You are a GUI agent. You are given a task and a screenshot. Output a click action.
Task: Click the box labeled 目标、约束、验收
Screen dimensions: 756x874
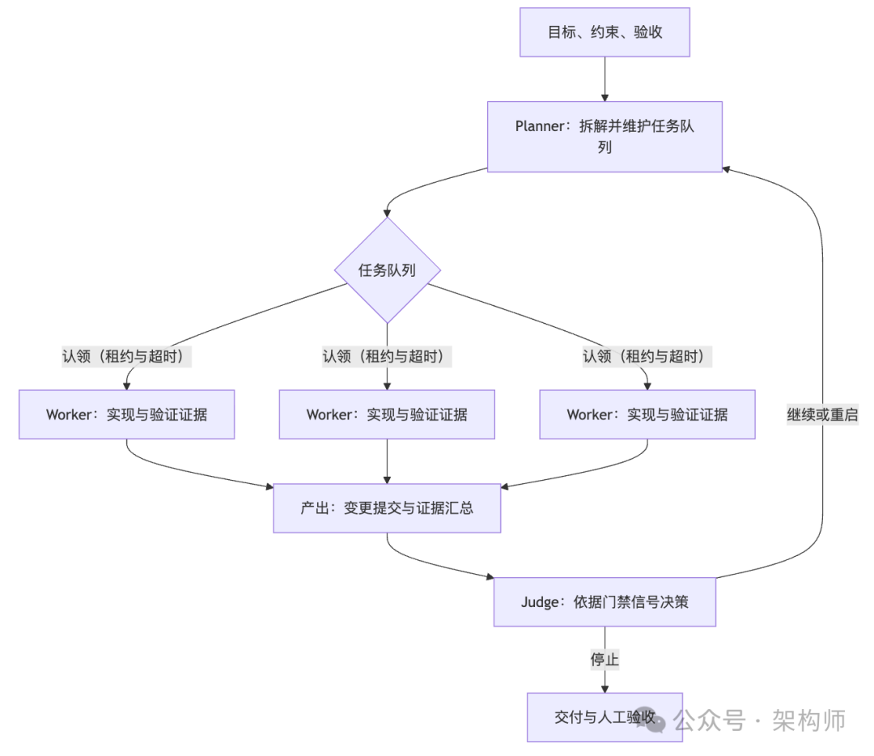(x=605, y=32)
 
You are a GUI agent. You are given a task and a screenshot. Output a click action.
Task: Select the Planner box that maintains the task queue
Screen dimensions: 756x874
(x=605, y=136)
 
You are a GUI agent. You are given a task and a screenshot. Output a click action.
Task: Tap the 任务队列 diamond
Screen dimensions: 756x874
(x=387, y=270)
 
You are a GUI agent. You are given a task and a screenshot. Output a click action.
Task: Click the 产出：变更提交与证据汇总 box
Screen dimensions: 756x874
(x=387, y=508)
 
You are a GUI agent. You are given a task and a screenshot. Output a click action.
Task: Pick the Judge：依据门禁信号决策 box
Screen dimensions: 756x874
(x=605, y=601)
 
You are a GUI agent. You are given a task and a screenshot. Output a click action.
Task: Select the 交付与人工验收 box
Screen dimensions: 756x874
(x=605, y=717)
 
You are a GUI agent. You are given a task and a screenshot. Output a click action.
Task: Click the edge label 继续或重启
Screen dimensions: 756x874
(x=822, y=414)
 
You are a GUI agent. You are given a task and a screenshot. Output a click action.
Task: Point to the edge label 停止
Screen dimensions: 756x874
(x=605, y=659)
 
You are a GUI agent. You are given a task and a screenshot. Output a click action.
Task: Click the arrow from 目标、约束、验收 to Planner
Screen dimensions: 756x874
(x=605, y=79)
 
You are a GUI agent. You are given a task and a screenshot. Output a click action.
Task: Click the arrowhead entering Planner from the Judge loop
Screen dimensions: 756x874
(x=727, y=169)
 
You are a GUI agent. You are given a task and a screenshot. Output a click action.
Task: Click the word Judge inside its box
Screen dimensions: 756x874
(x=540, y=601)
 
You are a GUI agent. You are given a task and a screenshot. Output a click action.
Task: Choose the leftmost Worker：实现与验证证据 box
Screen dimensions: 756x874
(x=127, y=414)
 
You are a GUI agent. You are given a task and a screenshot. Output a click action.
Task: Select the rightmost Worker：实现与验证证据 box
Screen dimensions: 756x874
(x=647, y=414)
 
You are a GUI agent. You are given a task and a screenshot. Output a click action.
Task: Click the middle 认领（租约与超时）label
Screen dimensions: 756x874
(x=387, y=356)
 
